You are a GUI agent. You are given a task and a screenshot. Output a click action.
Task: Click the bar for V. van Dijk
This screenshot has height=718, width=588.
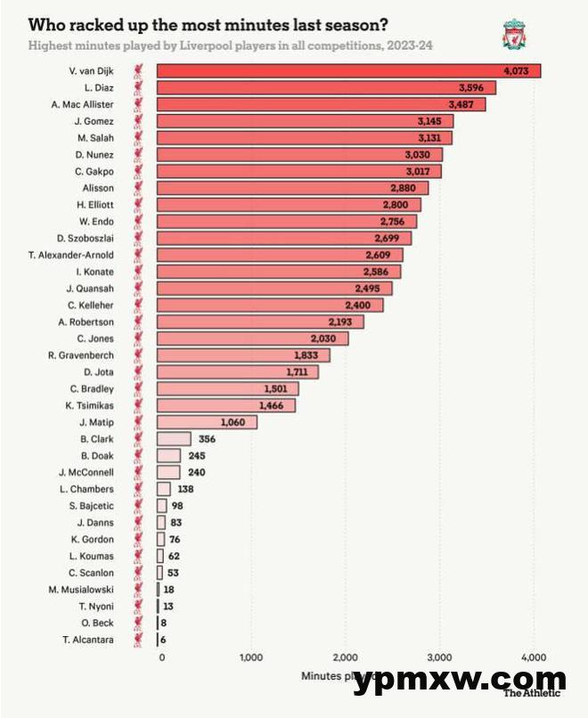[347, 71]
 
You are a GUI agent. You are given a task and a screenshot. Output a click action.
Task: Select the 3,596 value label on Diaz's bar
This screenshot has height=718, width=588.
[476, 87]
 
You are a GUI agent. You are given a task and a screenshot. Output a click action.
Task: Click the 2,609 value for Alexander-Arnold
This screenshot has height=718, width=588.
[383, 255]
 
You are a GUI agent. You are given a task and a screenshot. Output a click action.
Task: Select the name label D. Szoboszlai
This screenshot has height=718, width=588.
[86, 238]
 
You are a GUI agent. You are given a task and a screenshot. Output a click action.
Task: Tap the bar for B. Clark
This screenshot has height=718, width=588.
[174, 438]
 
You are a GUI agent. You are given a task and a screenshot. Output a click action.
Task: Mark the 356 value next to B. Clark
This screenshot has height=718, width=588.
[208, 438]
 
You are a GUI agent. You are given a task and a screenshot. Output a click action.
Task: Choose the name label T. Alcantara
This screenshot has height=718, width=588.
[88, 639]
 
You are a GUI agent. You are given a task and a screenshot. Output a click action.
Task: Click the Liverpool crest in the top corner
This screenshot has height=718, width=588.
[514, 35]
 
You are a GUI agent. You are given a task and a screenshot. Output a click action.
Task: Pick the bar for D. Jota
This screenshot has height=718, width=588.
[237, 371]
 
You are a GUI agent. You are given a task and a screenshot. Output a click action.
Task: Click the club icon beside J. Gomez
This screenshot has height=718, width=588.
[140, 121]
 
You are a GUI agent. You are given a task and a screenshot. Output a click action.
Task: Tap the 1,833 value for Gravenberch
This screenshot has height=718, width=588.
[310, 355]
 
